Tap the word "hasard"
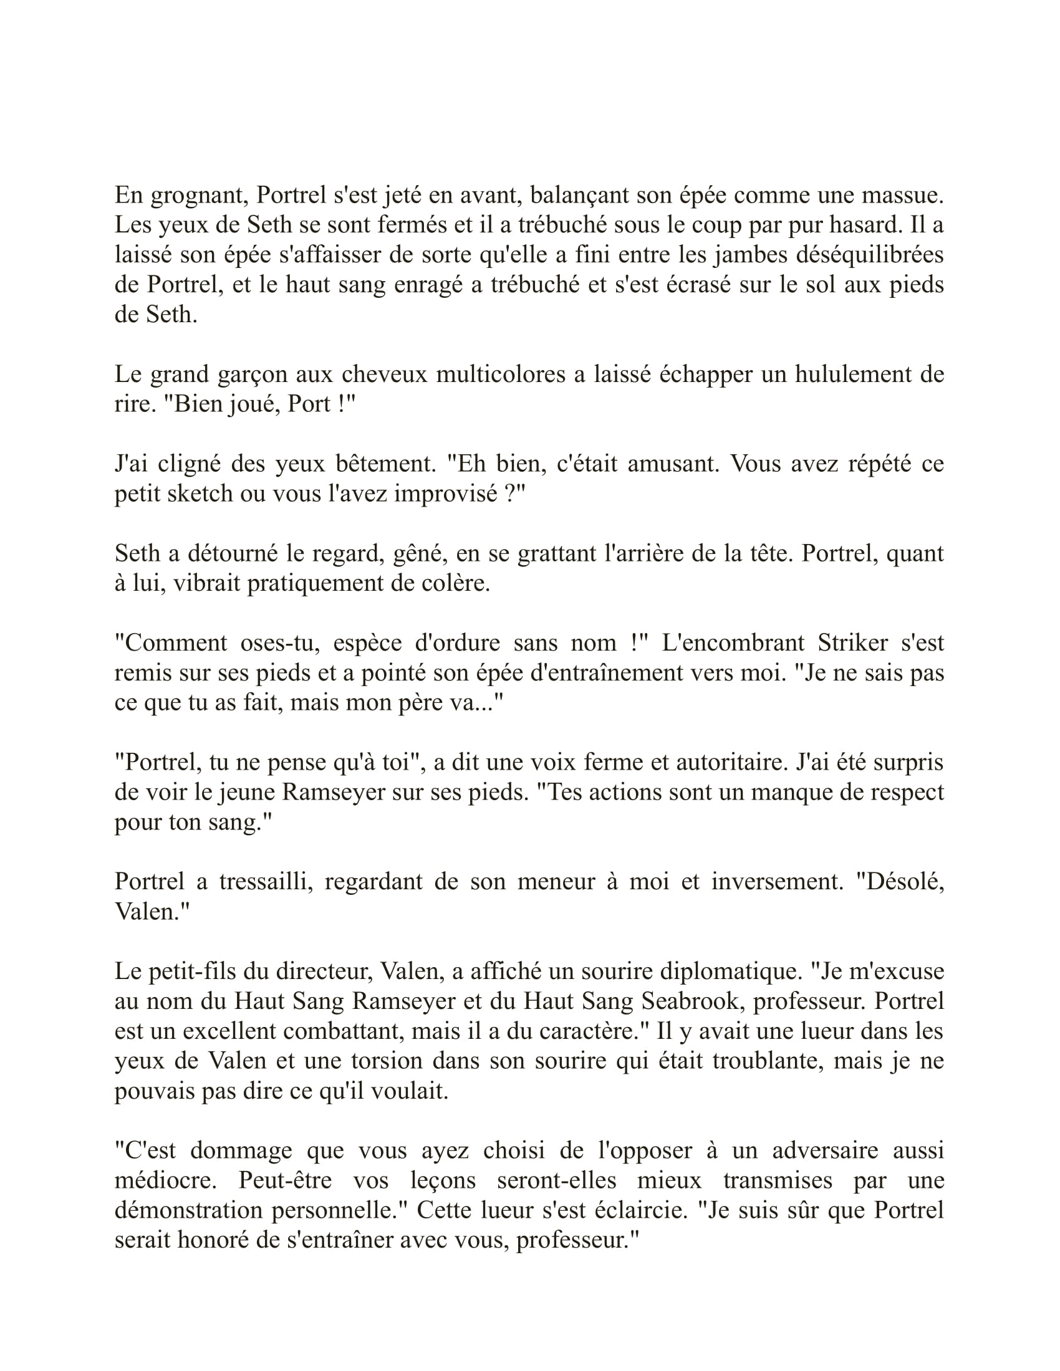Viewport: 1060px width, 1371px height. pyautogui.click(x=860, y=226)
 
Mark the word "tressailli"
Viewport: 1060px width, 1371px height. pyautogui.click(x=266, y=882)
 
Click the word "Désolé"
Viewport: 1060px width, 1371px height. pyautogui.click(x=904, y=882)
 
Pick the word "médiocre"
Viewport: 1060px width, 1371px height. pyautogui.click(x=166, y=1181)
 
